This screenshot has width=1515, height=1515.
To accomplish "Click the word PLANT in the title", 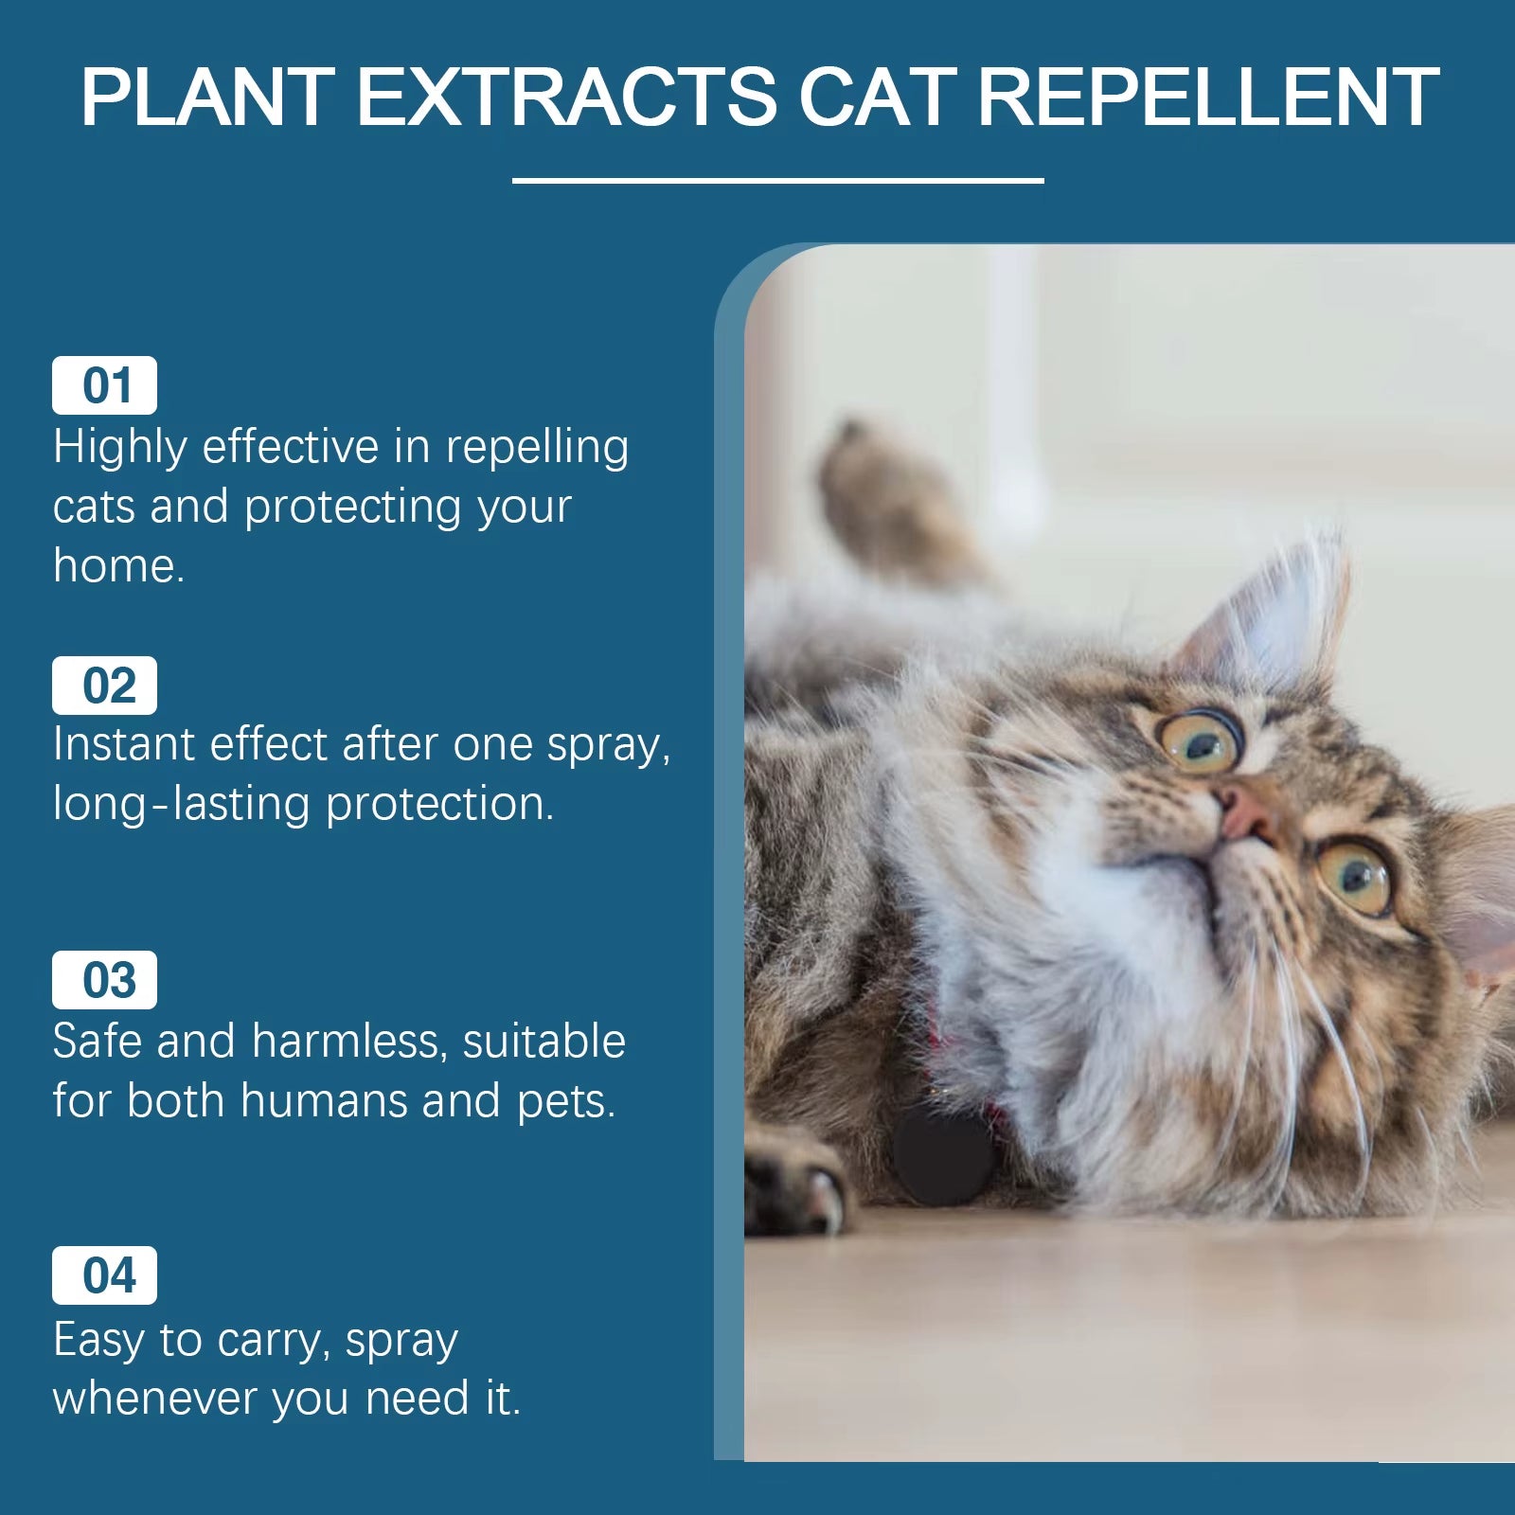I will tap(206, 97).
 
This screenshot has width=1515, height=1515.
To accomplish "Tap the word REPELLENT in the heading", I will tap(1207, 97).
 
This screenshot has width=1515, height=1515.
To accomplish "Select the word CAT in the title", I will tap(877, 97).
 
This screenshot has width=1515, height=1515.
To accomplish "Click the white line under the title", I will tap(777, 180).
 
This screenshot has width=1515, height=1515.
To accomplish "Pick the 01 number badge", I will tap(104, 385).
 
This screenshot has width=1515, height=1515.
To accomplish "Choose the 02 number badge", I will tap(104, 686).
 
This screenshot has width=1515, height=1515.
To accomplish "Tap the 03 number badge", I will tap(104, 980).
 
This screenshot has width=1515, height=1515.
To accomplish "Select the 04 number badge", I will tap(104, 1275).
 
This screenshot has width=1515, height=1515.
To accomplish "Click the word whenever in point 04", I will tap(154, 1399).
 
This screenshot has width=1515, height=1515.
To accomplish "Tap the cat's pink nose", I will tap(1241, 812).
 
